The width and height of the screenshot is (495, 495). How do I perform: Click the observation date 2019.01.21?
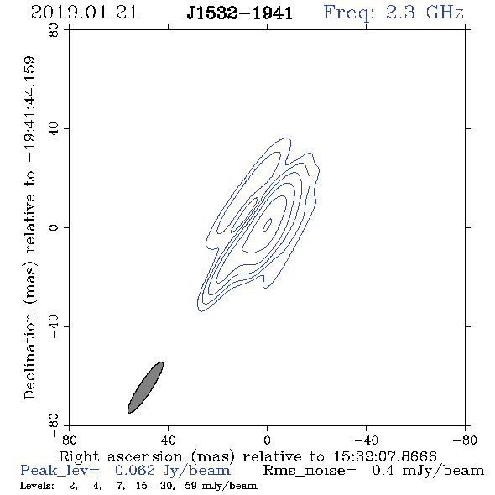pyautogui.click(x=84, y=13)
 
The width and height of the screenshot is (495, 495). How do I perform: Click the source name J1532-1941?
pyautogui.click(x=239, y=13)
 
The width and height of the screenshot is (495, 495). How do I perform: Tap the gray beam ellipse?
pyautogui.click(x=145, y=388)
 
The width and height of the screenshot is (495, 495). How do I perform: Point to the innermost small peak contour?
pyautogui.click(x=268, y=225)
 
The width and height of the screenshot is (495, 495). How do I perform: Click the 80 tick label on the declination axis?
pyautogui.click(x=54, y=30)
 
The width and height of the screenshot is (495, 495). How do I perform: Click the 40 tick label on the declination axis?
pyautogui.click(x=54, y=129)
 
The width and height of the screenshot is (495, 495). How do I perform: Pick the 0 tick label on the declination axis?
pyautogui.click(x=54, y=227)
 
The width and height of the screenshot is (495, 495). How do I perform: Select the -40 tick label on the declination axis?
pyautogui.click(x=54, y=326)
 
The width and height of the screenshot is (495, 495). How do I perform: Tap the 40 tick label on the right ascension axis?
pyautogui.click(x=168, y=440)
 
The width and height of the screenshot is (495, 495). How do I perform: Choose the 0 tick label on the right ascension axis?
pyautogui.click(x=267, y=440)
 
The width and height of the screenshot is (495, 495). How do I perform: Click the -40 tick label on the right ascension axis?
pyautogui.click(x=366, y=440)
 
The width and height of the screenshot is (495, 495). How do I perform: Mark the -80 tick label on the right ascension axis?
pyautogui.click(x=465, y=440)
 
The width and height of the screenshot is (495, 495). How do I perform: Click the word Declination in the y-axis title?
pyautogui.click(x=29, y=356)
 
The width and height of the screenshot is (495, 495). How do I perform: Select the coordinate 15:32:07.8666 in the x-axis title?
pyautogui.click(x=385, y=456)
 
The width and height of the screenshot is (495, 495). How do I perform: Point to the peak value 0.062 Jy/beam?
pyautogui.click(x=173, y=471)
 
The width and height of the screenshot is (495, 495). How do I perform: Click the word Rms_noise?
pyautogui.click(x=310, y=471)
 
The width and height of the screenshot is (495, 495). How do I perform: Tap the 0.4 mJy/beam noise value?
pyautogui.click(x=428, y=471)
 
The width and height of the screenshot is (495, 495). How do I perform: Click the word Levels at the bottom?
pyautogui.click(x=37, y=485)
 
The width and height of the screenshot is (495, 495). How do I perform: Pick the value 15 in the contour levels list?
pyautogui.click(x=141, y=486)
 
